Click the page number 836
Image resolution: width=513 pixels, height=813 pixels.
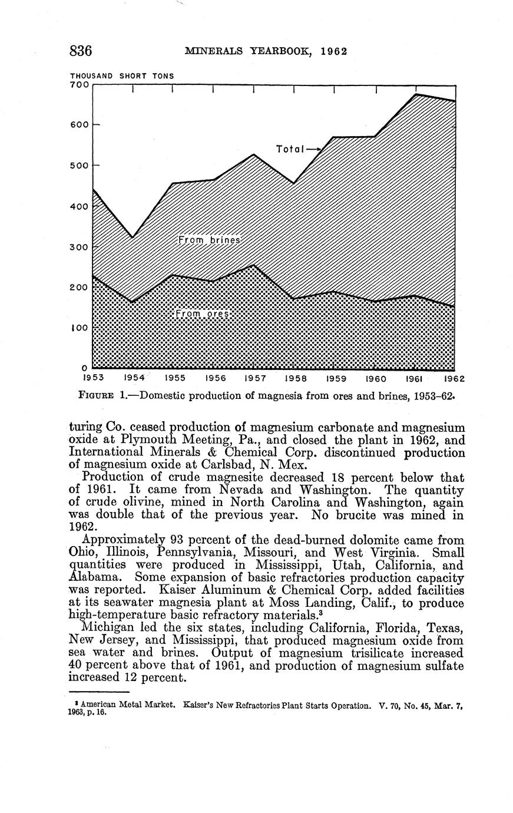81,51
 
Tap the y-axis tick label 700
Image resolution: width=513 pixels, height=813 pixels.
80,85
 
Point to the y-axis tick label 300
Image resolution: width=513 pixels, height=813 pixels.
80,247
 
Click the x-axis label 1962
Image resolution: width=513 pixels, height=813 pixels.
454,378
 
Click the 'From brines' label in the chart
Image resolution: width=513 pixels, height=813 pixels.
210,240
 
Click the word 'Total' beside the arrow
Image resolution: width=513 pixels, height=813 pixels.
290,149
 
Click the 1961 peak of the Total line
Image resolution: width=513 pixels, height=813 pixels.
416,94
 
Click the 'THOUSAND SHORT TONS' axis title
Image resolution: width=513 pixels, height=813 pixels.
122,75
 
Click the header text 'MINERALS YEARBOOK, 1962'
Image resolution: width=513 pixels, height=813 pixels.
266,51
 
